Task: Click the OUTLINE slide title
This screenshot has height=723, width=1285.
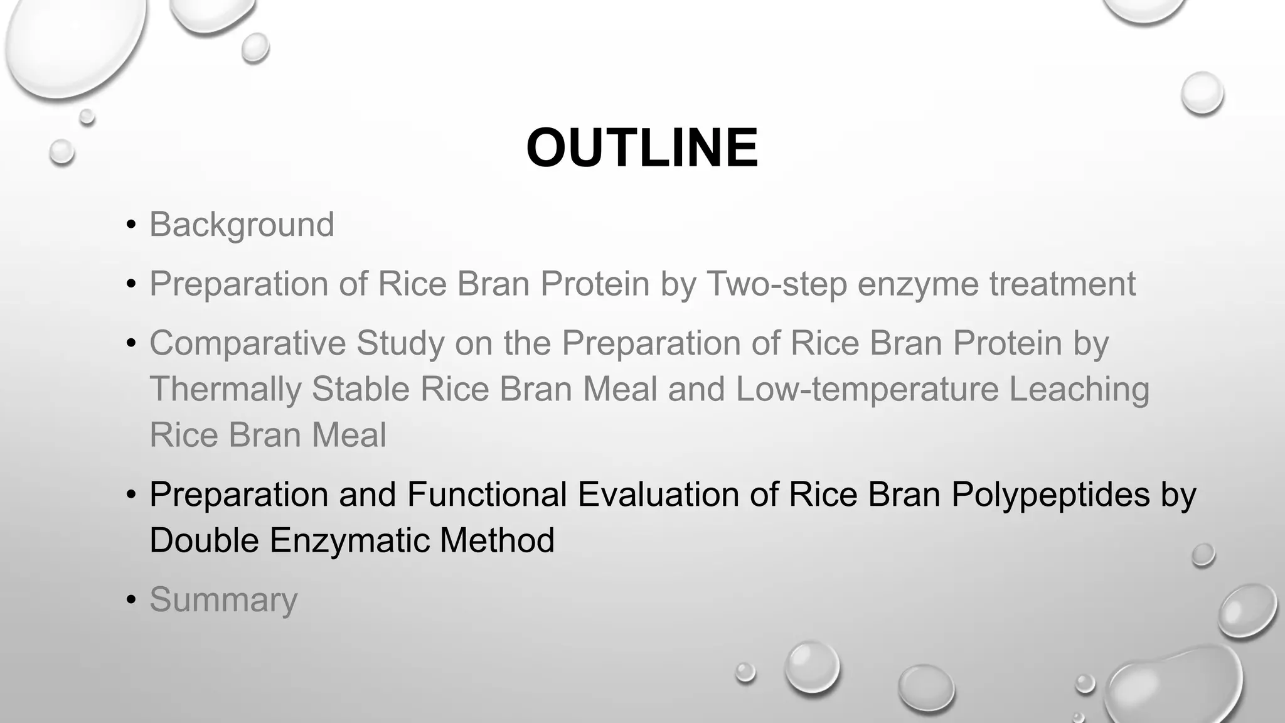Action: coord(642,148)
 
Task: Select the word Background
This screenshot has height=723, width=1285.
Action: coord(242,225)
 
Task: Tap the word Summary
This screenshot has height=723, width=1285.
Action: coord(223,599)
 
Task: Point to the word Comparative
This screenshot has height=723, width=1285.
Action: coord(247,343)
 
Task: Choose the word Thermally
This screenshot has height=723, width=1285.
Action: coord(225,389)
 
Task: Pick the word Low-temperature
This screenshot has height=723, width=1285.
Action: coord(866,389)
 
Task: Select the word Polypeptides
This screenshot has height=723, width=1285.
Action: coord(1050,494)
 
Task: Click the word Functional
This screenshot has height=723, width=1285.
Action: coord(487,494)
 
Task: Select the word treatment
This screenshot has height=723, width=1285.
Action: coord(1062,284)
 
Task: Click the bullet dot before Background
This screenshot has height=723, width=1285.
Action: coord(131,225)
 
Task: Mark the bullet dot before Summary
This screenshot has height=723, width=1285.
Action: coord(131,600)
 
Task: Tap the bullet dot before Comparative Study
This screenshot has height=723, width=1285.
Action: coord(131,343)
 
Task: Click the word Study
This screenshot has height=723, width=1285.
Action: coord(400,343)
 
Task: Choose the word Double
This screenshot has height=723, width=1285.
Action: coord(205,540)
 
